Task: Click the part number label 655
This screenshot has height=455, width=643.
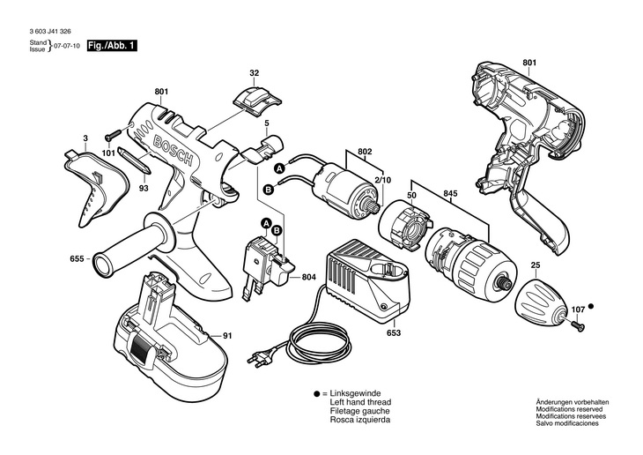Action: click(x=77, y=258)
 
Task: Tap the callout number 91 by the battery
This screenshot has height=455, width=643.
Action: click(x=227, y=335)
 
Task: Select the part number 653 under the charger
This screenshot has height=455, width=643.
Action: click(x=393, y=333)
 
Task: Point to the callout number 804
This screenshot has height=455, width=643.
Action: click(x=309, y=279)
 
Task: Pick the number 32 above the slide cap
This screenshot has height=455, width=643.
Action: click(x=254, y=72)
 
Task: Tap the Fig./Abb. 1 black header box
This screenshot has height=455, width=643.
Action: click(x=112, y=45)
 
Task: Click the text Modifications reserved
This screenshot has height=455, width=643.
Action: click(x=569, y=408)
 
